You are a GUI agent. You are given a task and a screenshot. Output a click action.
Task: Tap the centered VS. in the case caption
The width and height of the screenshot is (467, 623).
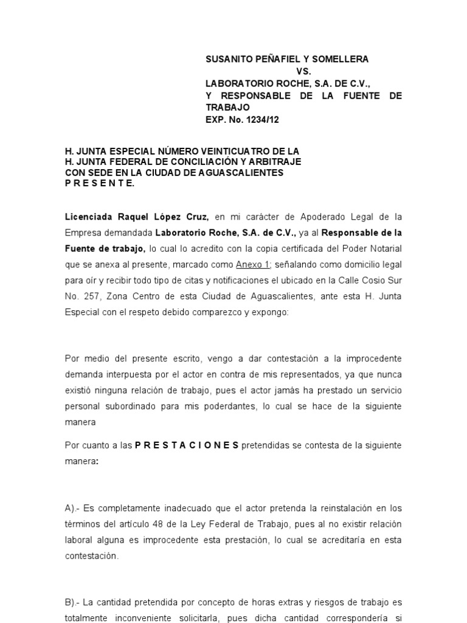[304, 71]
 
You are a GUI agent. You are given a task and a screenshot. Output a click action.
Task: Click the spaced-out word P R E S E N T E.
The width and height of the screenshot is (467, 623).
[100, 184]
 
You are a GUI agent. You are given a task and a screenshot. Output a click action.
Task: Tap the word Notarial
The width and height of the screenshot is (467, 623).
[384, 248]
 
